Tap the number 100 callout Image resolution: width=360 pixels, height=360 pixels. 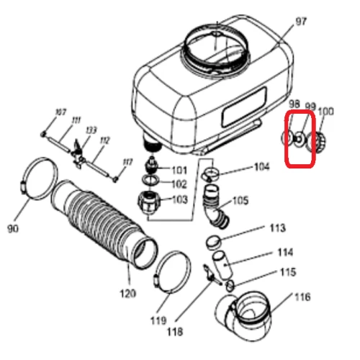click(325, 112)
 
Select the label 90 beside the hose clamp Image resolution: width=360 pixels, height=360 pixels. click(12, 229)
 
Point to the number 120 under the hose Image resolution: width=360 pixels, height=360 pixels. click(128, 294)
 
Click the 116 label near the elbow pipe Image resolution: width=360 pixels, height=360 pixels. click(302, 296)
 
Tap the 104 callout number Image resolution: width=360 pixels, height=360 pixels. click(261, 167)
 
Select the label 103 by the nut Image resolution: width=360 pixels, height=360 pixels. click(179, 199)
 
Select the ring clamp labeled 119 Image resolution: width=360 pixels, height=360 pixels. click(170, 271)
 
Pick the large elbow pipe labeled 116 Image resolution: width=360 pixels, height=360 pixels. click(248, 314)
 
